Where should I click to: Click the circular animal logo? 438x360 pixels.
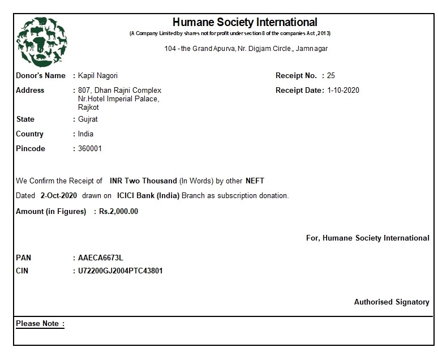pos(41,41)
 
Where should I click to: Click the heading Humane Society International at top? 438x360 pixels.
pos(244,23)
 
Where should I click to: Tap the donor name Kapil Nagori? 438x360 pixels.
pos(98,76)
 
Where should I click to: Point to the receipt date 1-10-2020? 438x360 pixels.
pos(343,91)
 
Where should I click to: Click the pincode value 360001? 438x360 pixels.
pos(90,149)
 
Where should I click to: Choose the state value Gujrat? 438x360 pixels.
pos(88,119)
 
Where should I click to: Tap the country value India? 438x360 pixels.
pos(85,134)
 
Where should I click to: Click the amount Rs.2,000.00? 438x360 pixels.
pos(118,212)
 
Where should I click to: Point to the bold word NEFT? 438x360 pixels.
pos(255,181)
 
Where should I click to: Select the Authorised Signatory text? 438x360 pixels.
pos(392,302)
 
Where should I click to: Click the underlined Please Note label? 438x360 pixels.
pos(40,324)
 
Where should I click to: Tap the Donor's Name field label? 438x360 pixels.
pos(41,76)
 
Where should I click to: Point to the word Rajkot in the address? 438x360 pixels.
pos(88,106)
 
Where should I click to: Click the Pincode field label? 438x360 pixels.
pos(31,149)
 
